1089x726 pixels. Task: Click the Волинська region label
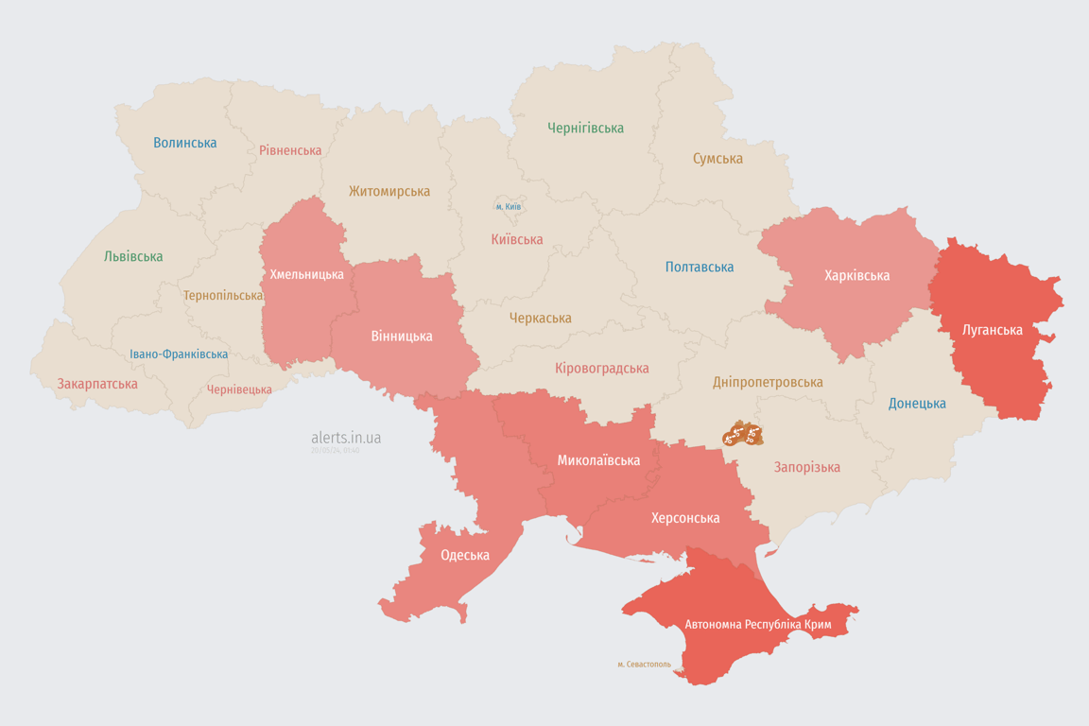click(x=185, y=143)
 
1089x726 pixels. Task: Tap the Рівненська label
click(x=290, y=150)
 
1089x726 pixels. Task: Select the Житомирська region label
click(x=389, y=191)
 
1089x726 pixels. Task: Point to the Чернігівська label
click(x=585, y=128)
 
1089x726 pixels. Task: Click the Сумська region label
click(x=717, y=159)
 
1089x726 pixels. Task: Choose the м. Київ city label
click(x=509, y=206)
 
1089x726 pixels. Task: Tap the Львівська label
click(x=133, y=256)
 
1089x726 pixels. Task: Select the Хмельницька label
click(x=307, y=274)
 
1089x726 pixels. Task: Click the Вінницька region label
click(x=402, y=336)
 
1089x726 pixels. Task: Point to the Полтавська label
click(x=700, y=267)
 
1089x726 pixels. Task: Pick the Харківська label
click(x=856, y=275)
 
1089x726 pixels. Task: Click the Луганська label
click(x=992, y=330)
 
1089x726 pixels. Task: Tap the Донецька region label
click(x=917, y=404)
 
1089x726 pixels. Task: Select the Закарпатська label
click(x=97, y=384)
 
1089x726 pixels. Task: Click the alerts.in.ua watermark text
click(x=346, y=438)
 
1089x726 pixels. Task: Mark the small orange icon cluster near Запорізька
click(x=743, y=436)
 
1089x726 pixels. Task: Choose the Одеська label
click(x=465, y=555)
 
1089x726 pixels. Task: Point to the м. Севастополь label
click(x=644, y=665)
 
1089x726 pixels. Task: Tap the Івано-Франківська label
click(x=179, y=354)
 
